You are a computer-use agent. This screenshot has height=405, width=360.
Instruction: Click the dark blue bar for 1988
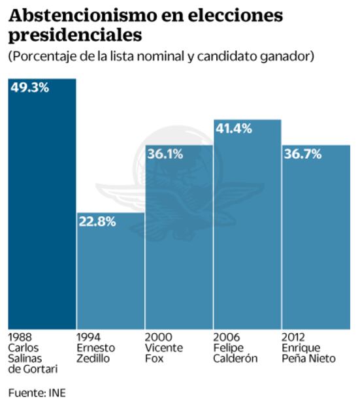42,209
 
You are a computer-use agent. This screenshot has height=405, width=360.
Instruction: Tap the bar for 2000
178,242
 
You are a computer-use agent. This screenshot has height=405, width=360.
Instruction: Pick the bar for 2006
247,229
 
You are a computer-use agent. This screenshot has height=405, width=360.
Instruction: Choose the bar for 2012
316,242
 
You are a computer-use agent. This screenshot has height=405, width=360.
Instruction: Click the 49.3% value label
29,88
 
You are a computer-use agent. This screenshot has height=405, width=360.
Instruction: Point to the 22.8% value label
97,221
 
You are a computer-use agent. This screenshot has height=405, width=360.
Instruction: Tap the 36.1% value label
165,154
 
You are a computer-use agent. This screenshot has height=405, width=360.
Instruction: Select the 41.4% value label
234,128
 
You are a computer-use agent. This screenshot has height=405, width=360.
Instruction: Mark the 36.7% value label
302,154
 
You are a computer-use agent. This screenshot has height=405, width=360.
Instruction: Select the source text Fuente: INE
37,393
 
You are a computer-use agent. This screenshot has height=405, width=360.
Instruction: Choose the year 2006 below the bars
225,338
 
